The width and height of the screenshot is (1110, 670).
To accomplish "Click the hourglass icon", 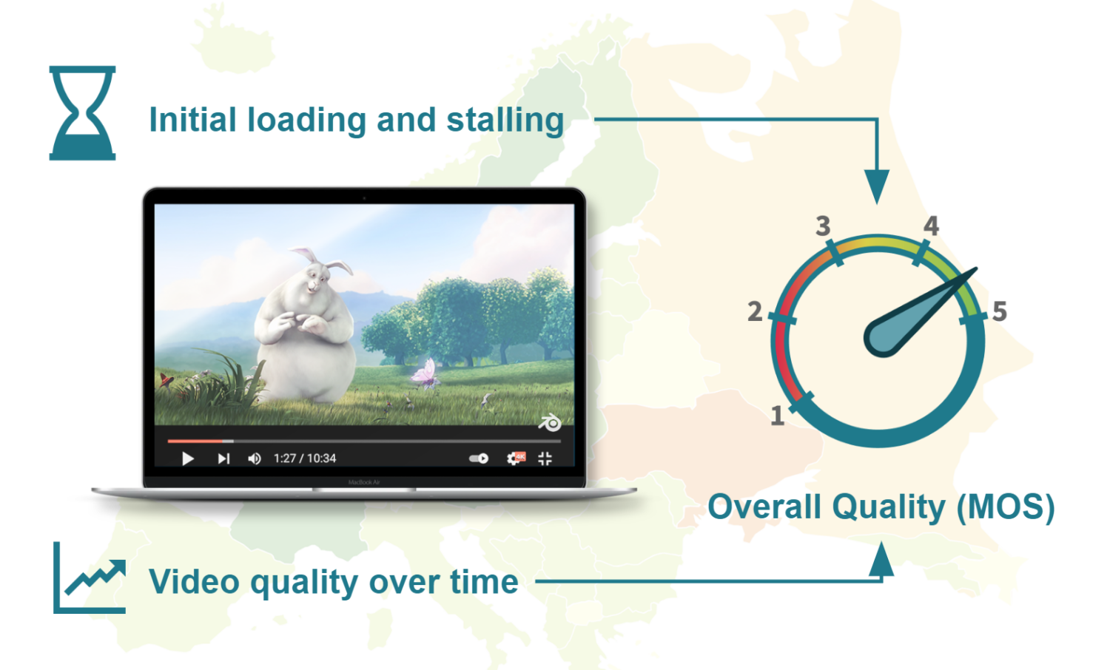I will [x=82, y=112].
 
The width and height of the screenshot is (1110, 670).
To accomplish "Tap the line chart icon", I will [x=90, y=578].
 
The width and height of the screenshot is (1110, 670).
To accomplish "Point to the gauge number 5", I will [x=1000, y=311].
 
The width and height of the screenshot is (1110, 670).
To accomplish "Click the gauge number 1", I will [x=777, y=416].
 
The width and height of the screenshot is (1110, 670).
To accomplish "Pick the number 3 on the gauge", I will [x=823, y=226].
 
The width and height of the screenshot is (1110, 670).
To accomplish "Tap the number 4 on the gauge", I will [x=931, y=226].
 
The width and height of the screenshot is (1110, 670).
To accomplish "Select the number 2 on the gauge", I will [x=755, y=311].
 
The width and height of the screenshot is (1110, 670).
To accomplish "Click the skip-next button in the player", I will [x=223, y=458].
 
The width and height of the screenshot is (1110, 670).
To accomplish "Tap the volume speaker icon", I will [x=254, y=458].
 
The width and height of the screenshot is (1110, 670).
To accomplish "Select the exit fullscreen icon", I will [x=545, y=458].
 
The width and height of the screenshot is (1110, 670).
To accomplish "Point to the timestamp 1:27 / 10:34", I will [x=305, y=458].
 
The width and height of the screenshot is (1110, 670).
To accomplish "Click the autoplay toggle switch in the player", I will [x=479, y=458].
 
